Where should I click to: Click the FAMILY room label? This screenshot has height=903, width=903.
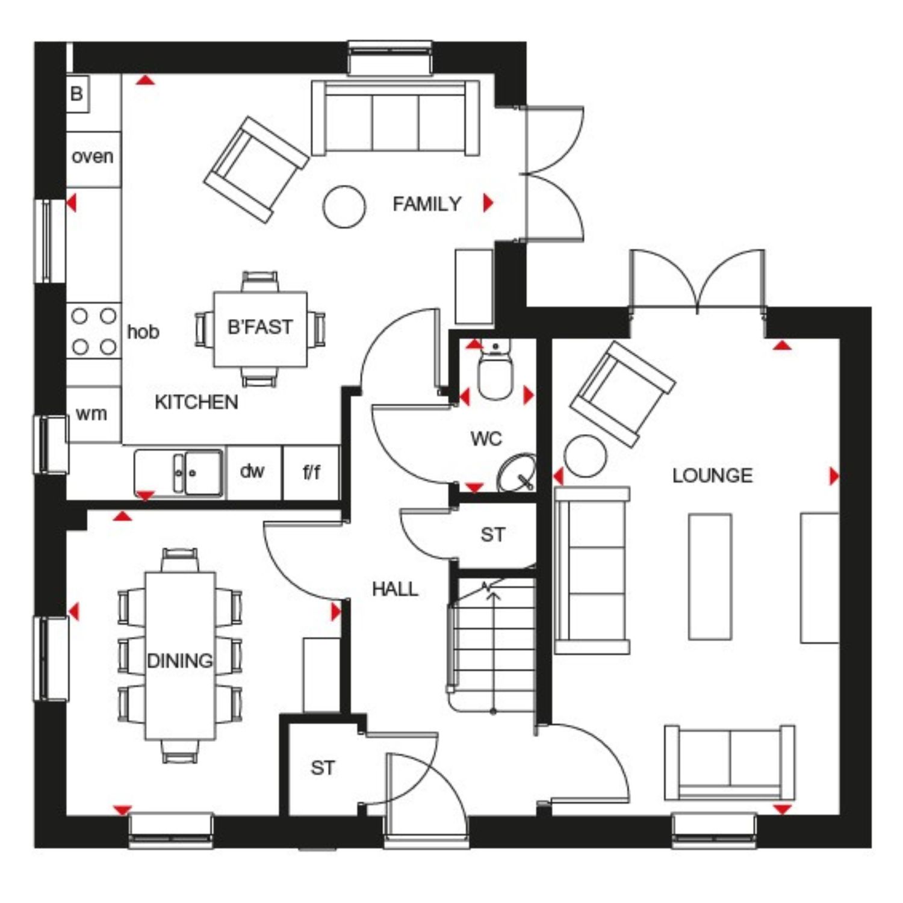coord(427,204)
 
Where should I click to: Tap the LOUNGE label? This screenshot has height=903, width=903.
coord(712,476)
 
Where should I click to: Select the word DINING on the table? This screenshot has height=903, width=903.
coord(180,660)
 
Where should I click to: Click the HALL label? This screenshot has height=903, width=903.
coord(395,589)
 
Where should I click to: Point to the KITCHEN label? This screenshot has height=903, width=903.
coord(196,402)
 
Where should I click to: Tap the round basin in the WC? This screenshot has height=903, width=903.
coord(517,473)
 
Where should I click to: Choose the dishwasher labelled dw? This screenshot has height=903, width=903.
coord(253,472)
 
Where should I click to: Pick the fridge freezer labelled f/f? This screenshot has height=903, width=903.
coord(311,472)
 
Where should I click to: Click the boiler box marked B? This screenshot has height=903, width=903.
coord(77,93)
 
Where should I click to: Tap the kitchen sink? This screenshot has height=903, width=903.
coord(179,473)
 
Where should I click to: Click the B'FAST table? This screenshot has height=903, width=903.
coord(261,329)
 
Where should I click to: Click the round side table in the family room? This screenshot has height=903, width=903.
coord(344,206)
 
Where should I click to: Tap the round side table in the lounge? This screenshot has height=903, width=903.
coord(585,456)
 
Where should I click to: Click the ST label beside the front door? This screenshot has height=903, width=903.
coord(323,768)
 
